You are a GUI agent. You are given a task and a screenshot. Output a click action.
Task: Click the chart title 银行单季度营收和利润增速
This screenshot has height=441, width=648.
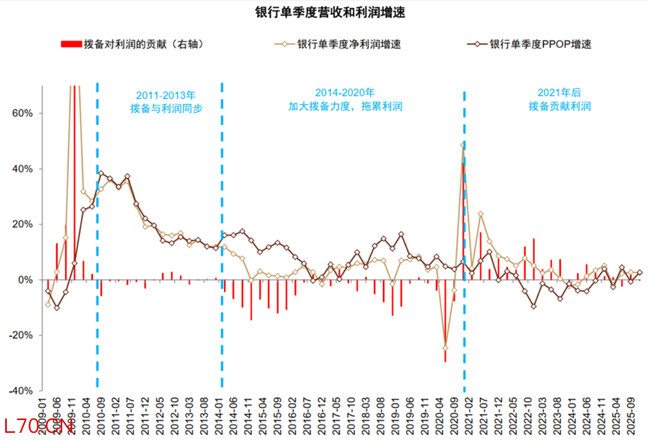click(324, 13)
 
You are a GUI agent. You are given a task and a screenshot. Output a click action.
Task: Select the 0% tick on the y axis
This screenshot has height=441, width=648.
click(24, 280)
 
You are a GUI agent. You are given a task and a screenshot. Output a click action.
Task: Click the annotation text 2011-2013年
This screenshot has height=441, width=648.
click(166, 95)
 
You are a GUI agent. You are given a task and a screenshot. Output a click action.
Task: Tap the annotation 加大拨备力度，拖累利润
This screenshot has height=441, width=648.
click(345, 107)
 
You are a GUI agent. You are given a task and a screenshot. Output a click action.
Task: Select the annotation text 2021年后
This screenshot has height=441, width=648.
click(559, 92)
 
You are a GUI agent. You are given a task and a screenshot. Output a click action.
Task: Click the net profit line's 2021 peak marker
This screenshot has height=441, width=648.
click(463, 145)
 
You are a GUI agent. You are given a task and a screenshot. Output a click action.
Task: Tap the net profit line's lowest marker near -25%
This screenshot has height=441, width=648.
click(445, 348)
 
